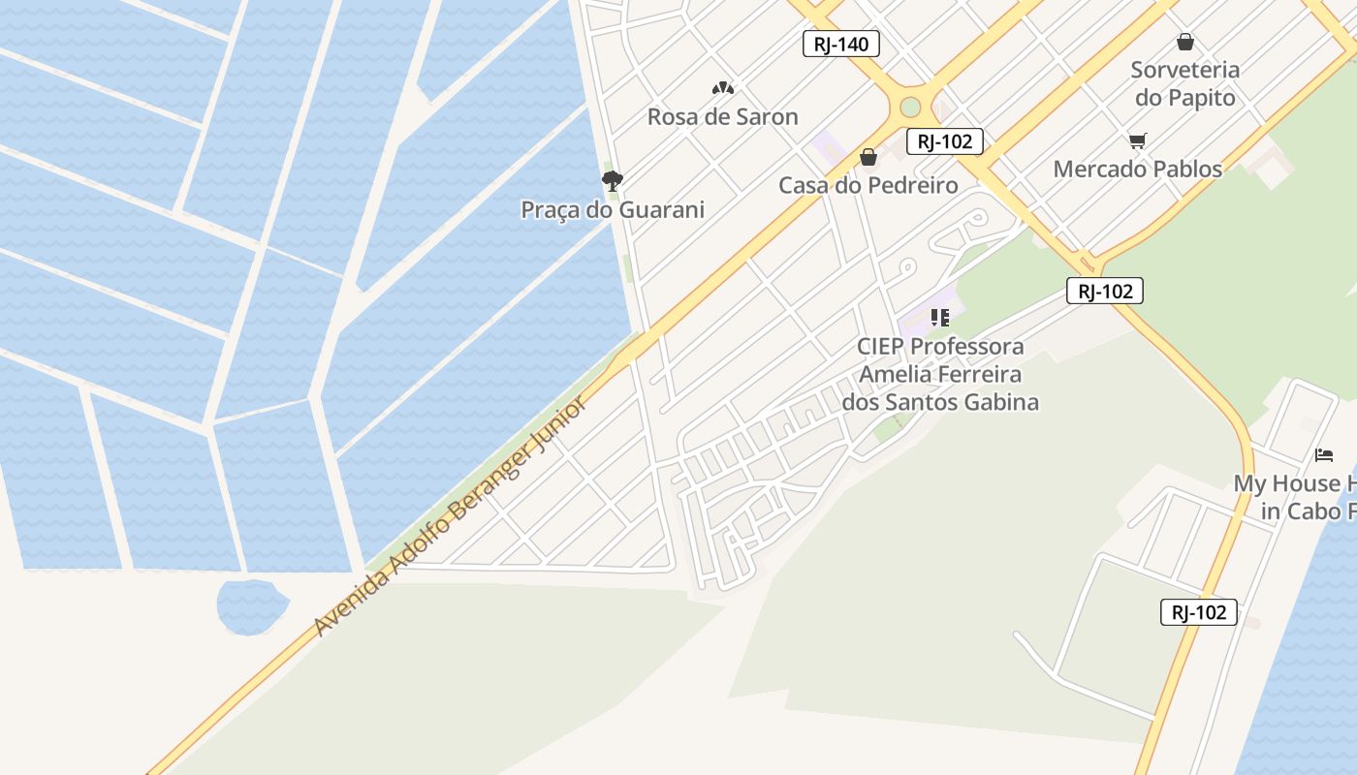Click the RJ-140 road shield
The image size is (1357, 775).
pos(841,44)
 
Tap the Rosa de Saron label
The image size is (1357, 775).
pos(722,117)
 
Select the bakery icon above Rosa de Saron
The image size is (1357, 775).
pos(722,88)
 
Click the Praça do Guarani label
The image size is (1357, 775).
pos(613,210)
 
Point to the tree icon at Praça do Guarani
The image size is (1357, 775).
pos(612,180)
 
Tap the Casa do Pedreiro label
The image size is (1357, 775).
pos(868,185)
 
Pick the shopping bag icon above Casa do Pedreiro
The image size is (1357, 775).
pos(868,157)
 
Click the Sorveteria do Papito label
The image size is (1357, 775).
pos(1184,83)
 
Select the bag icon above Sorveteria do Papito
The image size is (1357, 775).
pos(1184,42)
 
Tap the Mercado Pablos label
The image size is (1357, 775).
pos(1137,169)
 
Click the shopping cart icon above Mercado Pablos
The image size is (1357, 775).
pos(1137,141)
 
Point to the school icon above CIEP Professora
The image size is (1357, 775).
pos(939,318)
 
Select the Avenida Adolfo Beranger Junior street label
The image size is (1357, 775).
pos(451,516)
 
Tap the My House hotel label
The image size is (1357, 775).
pos(1294,497)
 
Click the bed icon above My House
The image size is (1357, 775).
pos(1324,455)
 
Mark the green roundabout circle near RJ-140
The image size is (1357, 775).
pos(910,107)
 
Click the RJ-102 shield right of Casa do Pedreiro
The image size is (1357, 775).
pos(945,141)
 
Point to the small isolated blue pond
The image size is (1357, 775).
pos(252,606)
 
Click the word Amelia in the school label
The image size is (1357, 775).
pos(899,374)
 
